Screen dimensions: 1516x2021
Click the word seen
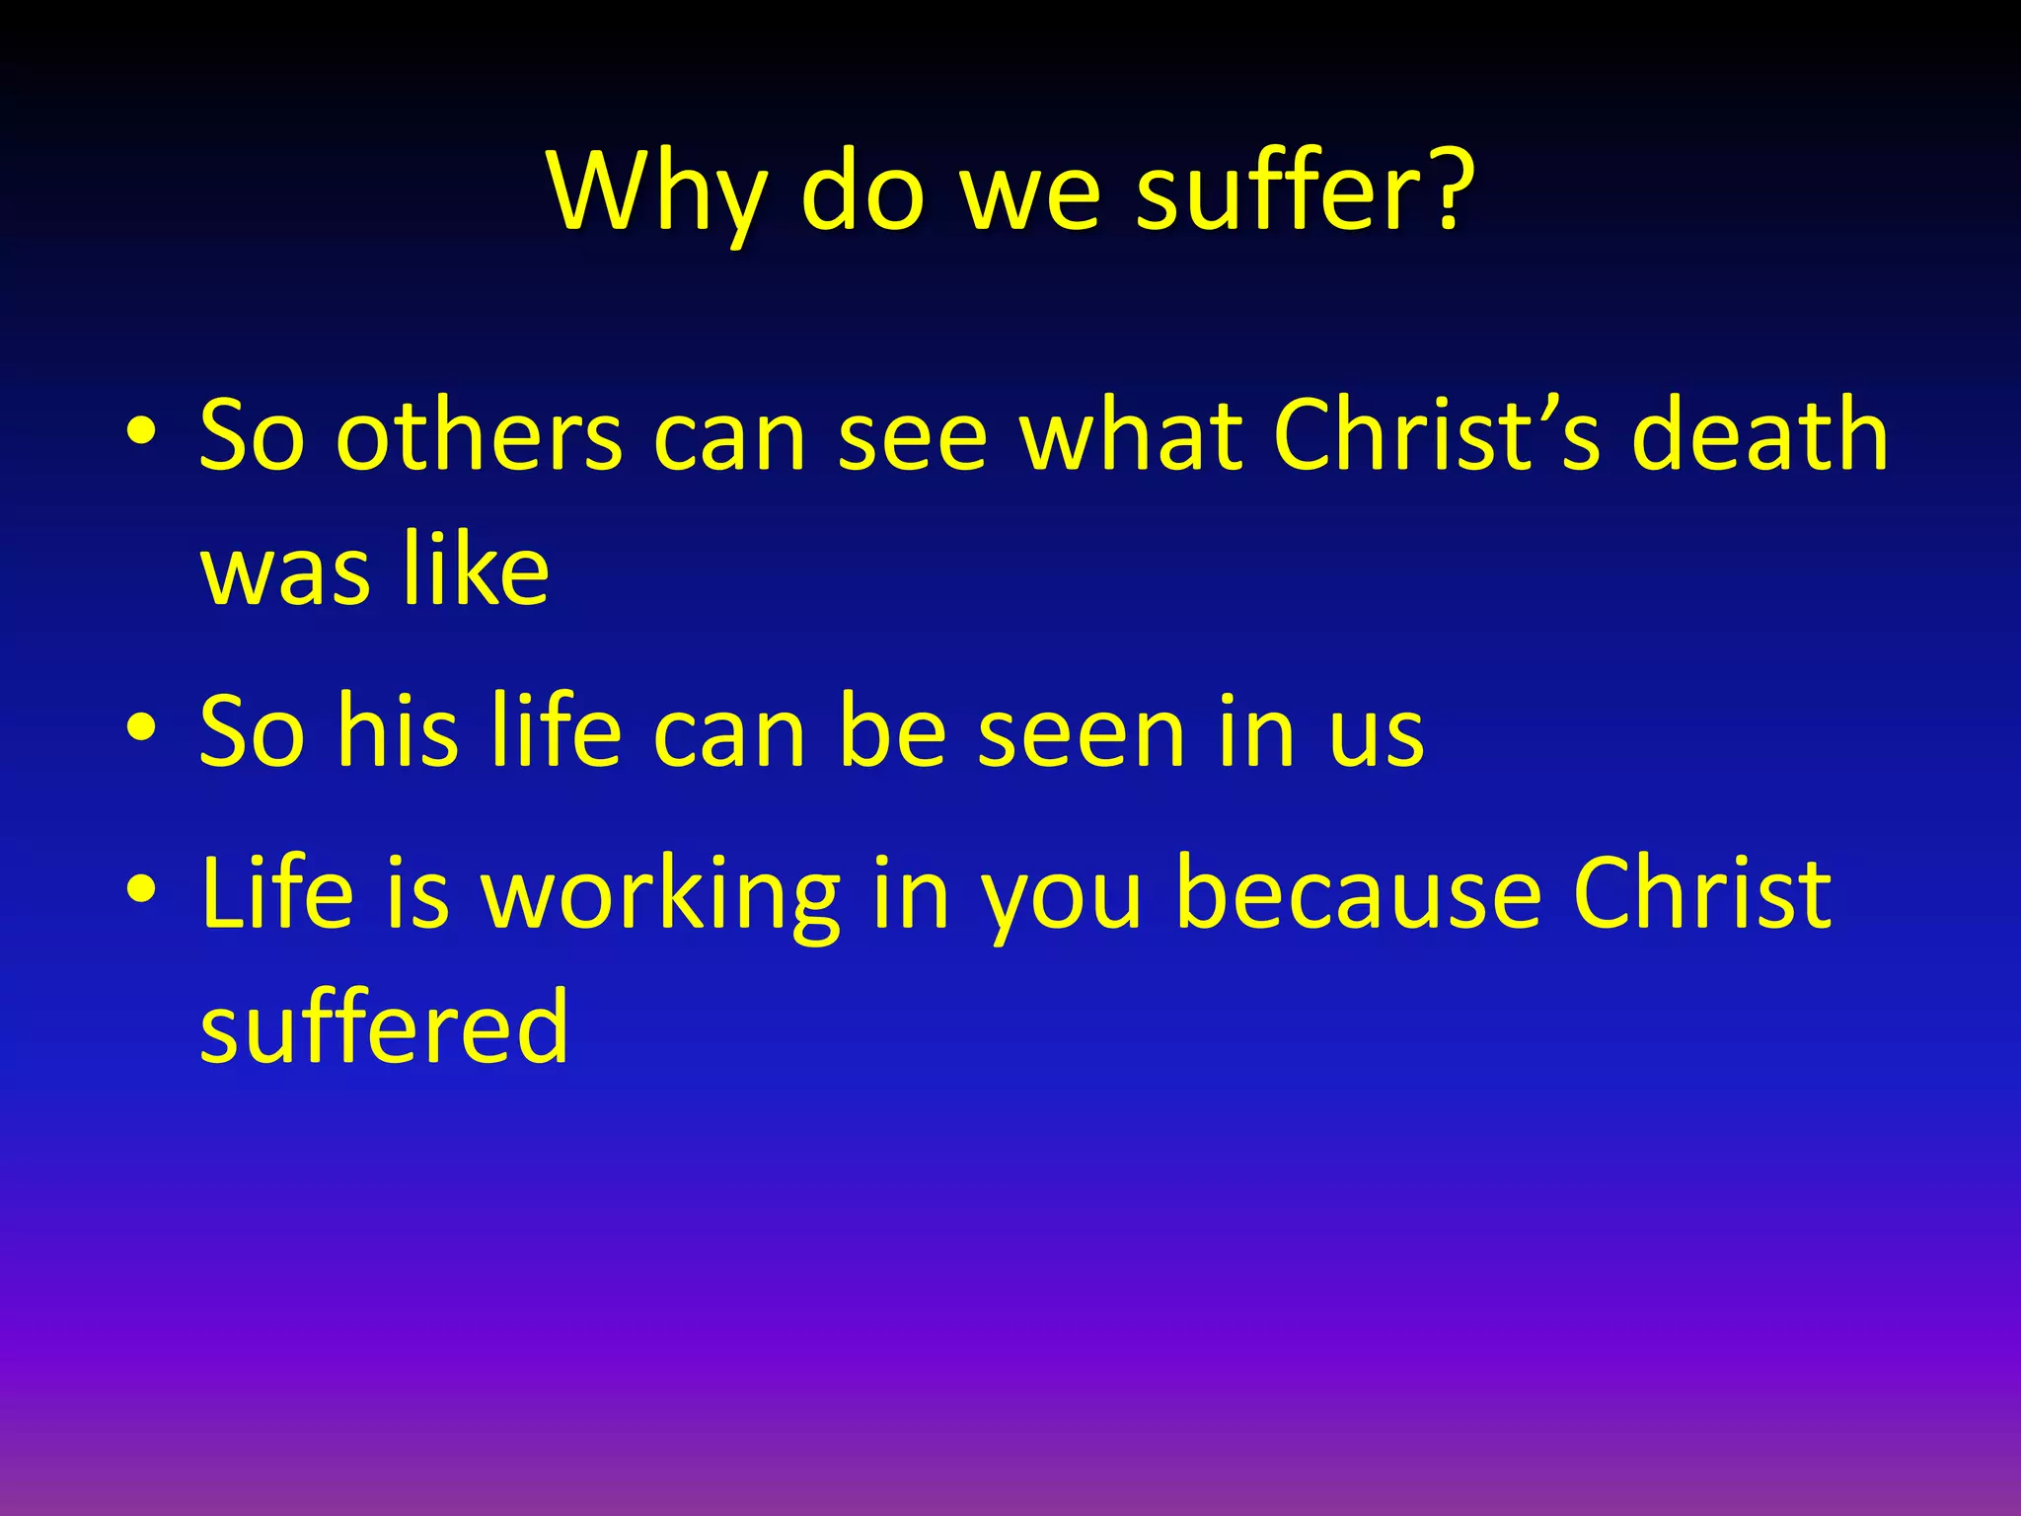[1081, 730]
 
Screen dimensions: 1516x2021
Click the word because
[1358, 892]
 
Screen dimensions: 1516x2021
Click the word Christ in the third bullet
[1702, 892]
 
